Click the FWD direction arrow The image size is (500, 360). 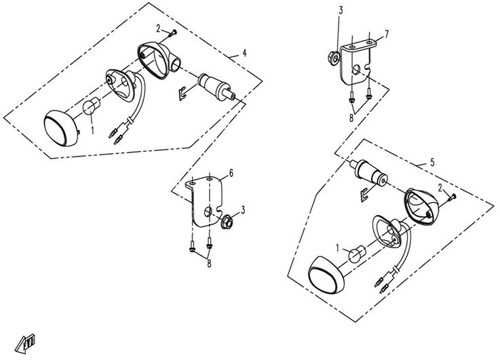coord(25,343)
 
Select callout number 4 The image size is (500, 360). coord(244,53)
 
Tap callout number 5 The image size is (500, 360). coord(432,163)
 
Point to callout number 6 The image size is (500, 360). coord(231,173)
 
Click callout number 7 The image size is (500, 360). coord(387,34)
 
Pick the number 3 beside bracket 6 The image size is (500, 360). coord(243,210)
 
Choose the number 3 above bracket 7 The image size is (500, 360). coord(341,11)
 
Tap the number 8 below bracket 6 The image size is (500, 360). coord(209,264)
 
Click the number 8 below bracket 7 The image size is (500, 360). coord(351,118)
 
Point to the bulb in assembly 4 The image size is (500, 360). coord(91,106)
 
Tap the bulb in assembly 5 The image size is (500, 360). coord(356,254)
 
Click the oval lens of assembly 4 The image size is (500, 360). coord(61,128)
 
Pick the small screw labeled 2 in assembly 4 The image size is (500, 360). coord(173,33)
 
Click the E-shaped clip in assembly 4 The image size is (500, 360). coord(182,94)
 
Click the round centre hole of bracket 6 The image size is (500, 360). coord(208,212)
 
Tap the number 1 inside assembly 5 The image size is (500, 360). coord(338,248)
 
